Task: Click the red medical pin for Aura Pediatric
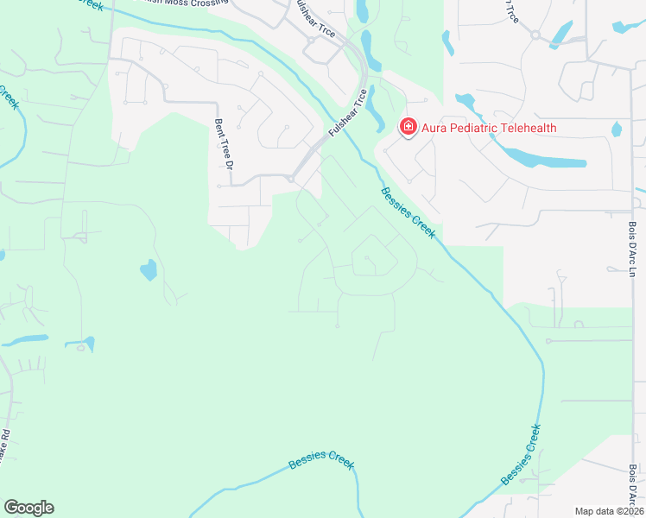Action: point(407,128)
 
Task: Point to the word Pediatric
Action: point(467,128)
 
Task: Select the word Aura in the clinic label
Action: point(432,128)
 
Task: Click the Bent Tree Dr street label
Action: point(219,143)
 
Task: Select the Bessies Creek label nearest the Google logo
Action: point(321,459)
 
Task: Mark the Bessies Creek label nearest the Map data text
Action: point(522,454)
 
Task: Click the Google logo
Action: point(28,508)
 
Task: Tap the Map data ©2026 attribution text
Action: point(608,511)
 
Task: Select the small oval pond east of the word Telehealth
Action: point(617,129)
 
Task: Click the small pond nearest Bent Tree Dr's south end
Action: point(149,270)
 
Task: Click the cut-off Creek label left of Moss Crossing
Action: point(95,4)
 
